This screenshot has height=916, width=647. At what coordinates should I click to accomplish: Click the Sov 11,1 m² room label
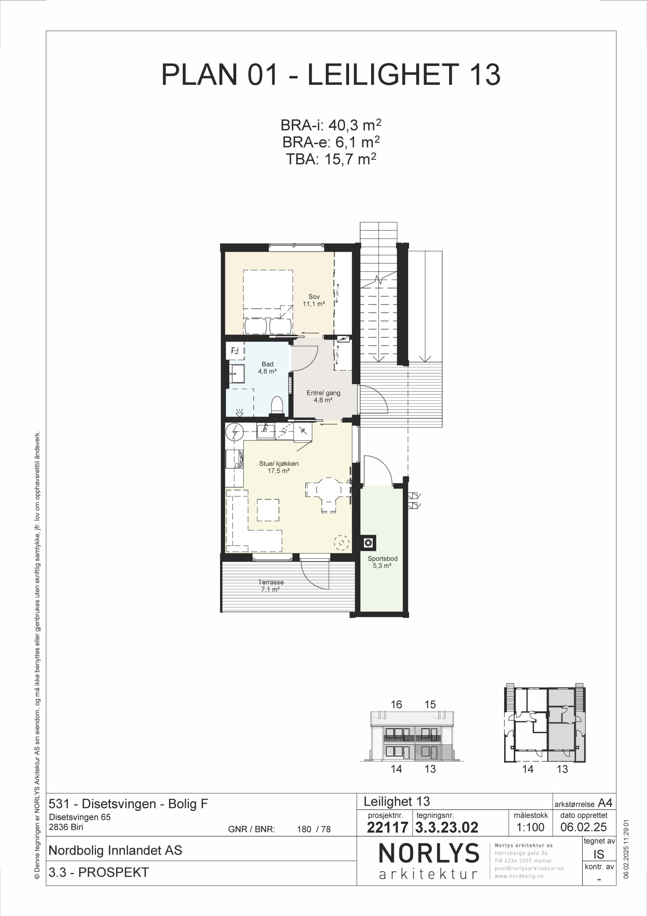(x=314, y=300)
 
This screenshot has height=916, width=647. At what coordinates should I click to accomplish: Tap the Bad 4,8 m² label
(x=267, y=367)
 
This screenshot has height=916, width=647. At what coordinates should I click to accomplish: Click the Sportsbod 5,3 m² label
(x=383, y=562)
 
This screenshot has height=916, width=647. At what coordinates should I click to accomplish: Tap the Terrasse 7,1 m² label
(x=270, y=586)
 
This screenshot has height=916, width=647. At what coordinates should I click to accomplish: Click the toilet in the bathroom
(x=277, y=405)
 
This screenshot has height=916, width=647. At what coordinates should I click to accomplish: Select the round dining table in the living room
(x=329, y=489)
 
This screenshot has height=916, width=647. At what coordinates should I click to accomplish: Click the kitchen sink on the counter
(x=266, y=431)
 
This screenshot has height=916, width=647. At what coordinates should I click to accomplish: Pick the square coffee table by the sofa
(x=268, y=510)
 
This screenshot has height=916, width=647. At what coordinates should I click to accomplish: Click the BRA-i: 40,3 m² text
(x=331, y=125)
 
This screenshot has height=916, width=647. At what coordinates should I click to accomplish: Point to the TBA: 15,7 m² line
(x=331, y=159)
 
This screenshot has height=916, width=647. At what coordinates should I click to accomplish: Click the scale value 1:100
(x=530, y=827)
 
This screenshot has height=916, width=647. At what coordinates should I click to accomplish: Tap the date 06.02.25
(x=583, y=827)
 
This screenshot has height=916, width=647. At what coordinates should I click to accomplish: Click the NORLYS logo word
(x=429, y=853)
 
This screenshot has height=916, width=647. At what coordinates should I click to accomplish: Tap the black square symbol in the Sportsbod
(x=368, y=542)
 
